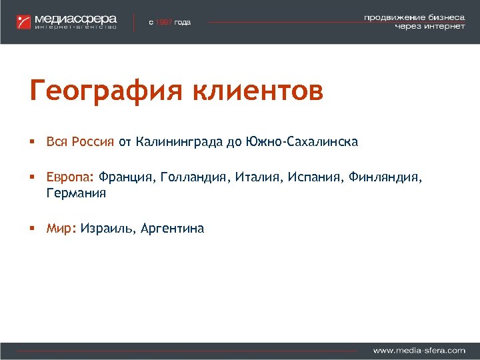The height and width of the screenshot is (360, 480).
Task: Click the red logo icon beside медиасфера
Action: [x=24, y=21]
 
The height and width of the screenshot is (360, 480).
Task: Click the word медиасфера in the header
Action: [x=76, y=18]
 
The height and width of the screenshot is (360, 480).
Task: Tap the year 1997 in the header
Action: [x=163, y=22]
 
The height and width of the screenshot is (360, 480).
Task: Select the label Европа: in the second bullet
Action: [x=71, y=179]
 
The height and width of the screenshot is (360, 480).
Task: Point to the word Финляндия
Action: [x=387, y=178]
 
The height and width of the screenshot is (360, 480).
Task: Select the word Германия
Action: [x=76, y=194]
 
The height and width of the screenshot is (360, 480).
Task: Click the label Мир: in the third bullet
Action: [x=61, y=229]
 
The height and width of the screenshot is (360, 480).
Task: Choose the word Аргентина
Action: [x=174, y=229]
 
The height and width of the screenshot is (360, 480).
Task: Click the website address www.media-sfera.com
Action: [x=419, y=349]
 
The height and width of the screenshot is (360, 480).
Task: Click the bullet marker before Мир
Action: [x=32, y=229]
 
